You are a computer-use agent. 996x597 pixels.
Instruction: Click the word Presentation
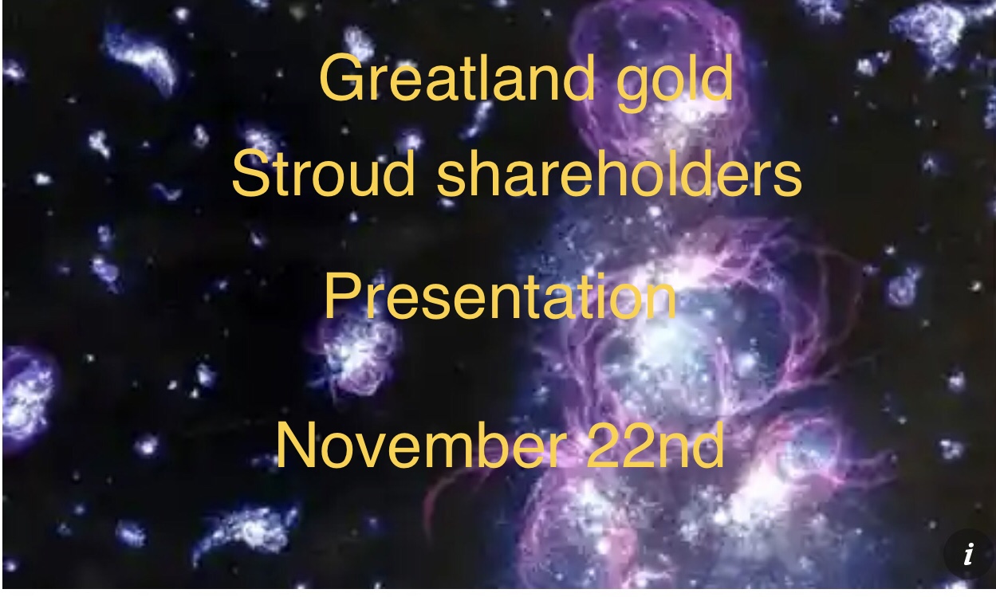[x=501, y=296]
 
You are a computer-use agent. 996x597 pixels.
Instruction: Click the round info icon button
[x=969, y=554]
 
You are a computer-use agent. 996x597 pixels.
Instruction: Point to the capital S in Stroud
[x=253, y=173]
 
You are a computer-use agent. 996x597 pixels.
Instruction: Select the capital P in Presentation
[x=344, y=295]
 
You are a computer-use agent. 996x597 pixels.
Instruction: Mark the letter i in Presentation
[x=596, y=295]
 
